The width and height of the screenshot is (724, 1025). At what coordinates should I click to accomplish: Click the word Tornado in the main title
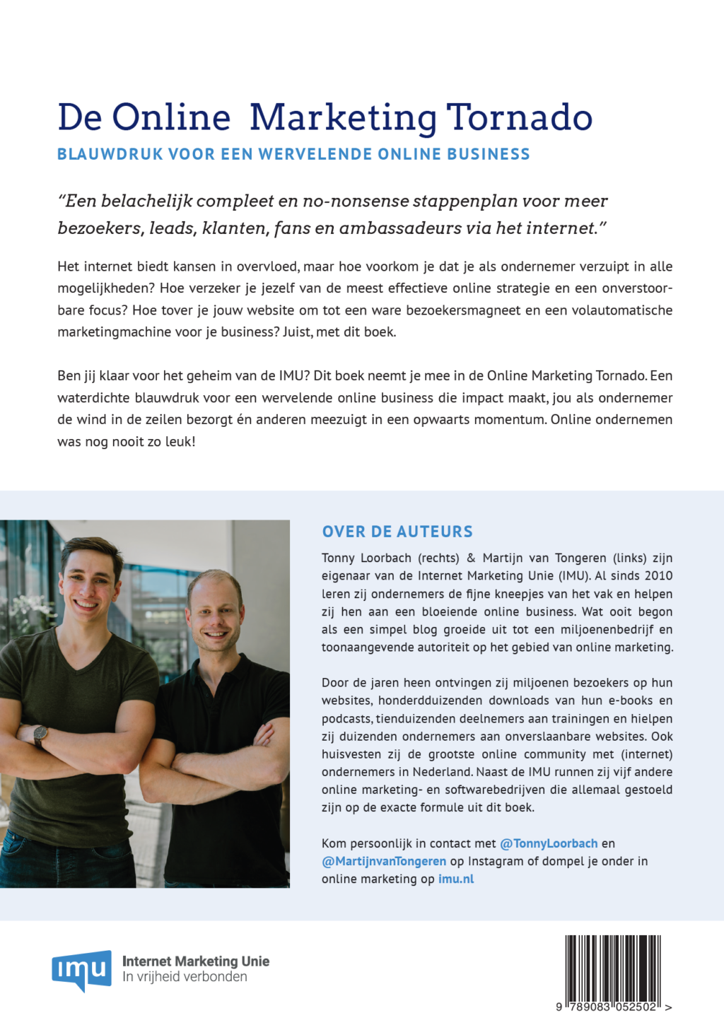pyautogui.click(x=520, y=117)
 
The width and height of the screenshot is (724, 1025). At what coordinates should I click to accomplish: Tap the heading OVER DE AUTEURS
pyautogui.click(x=397, y=532)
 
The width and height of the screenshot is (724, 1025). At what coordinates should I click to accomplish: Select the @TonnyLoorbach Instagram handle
pyautogui.click(x=549, y=843)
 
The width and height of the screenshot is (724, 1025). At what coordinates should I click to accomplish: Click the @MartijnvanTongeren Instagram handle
pyautogui.click(x=384, y=861)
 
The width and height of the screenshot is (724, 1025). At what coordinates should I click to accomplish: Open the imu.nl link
pyautogui.click(x=456, y=879)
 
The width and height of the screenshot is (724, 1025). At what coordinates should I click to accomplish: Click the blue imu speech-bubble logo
pyautogui.click(x=81, y=969)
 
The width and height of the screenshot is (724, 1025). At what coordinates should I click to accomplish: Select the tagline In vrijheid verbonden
pyautogui.click(x=185, y=977)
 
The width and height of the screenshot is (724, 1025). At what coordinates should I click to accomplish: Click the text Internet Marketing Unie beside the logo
pyautogui.click(x=196, y=961)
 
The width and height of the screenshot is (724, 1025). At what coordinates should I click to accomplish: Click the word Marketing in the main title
pyautogui.click(x=343, y=117)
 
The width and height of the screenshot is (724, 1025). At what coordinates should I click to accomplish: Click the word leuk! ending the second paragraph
pyautogui.click(x=180, y=442)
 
